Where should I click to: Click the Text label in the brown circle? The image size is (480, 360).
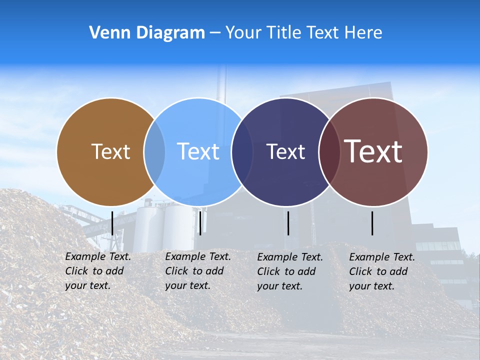[x=110, y=151]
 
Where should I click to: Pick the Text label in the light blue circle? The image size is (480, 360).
[x=198, y=151]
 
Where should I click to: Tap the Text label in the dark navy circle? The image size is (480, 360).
[x=285, y=151]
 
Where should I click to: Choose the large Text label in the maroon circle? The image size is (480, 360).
[x=373, y=151]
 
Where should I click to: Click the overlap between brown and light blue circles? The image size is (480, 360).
[x=154, y=151]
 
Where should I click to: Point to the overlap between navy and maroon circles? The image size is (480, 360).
[x=329, y=151]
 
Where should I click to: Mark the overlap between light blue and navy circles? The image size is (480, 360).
[x=242, y=151]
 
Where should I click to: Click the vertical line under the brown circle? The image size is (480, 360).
[x=112, y=223]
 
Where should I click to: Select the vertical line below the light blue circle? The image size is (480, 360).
[x=200, y=223]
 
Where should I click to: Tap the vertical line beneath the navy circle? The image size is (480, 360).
[x=288, y=223]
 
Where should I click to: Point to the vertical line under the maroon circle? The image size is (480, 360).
[x=372, y=223]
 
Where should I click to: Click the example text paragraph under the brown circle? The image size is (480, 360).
[x=98, y=271]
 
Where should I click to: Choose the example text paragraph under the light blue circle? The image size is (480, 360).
[x=198, y=271]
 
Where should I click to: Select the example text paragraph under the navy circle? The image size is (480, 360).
[x=290, y=271]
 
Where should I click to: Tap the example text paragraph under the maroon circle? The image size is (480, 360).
[x=382, y=271]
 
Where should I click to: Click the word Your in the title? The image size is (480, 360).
[x=243, y=32]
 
